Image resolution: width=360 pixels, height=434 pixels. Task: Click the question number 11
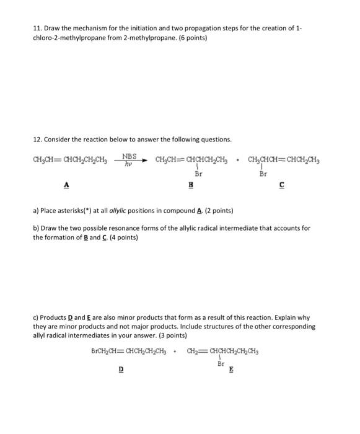pyautogui.click(x=37, y=29)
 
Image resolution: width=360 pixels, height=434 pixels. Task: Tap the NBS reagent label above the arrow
pyautogui.click(x=130, y=157)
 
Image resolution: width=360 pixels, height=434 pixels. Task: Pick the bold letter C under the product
pyautogui.click(x=283, y=185)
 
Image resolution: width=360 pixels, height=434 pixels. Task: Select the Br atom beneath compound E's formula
pyautogui.click(x=221, y=365)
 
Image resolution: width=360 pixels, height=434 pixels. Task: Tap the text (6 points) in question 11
pyautogui.click(x=190, y=38)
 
